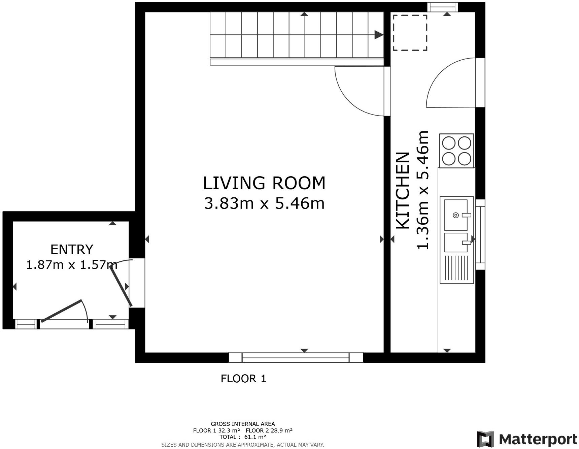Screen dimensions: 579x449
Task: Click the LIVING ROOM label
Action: pyautogui.click(x=264, y=183)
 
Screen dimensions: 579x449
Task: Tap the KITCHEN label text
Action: pyautogui.click(x=403, y=191)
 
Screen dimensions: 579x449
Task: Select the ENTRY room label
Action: pyautogui.click(x=72, y=250)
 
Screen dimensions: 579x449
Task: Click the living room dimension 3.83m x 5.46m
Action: pyautogui.click(x=264, y=203)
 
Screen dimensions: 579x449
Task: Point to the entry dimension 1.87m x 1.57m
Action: pyautogui.click(x=72, y=265)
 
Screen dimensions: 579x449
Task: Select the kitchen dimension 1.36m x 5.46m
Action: pyautogui.click(x=423, y=190)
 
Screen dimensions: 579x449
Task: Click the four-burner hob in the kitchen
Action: pyautogui.click(x=456, y=151)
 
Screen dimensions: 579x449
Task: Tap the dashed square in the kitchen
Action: pyautogui.click(x=410, y=33)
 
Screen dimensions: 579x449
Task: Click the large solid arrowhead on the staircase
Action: pyautogui.click(x=379, y=35)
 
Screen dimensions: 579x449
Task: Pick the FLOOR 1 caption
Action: pyautogui.click(x=243, y=379)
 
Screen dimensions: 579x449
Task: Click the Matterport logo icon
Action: pyautogui.click(x=485, y=439)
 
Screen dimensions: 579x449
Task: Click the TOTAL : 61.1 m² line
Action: pyautogui.click(x=243, y=437)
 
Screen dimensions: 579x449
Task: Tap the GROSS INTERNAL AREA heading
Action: pyautogui.click(x=243, y=424)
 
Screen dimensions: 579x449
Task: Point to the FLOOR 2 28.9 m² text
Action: pyautogui.click(x=269, y=430)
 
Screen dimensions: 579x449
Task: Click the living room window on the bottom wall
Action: pyautogui.click(x=296, y=357)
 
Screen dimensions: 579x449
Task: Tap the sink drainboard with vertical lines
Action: pyautogui.click(x=456, y=268)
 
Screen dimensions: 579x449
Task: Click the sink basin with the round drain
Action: pyautogui.click(x=456, y=215)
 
